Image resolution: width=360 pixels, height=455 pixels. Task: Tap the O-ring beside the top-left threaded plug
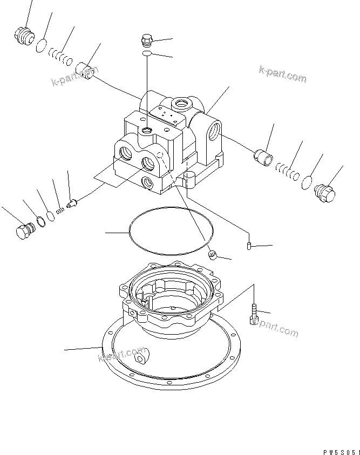coord(40,47)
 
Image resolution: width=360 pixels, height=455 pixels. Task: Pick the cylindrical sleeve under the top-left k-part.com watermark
coord(86,71)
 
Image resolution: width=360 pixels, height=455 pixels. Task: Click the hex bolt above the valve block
coord(147,40)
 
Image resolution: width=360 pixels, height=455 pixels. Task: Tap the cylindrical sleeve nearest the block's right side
coord(263,158)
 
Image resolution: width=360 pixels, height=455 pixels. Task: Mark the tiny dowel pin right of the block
coord(249,246)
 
